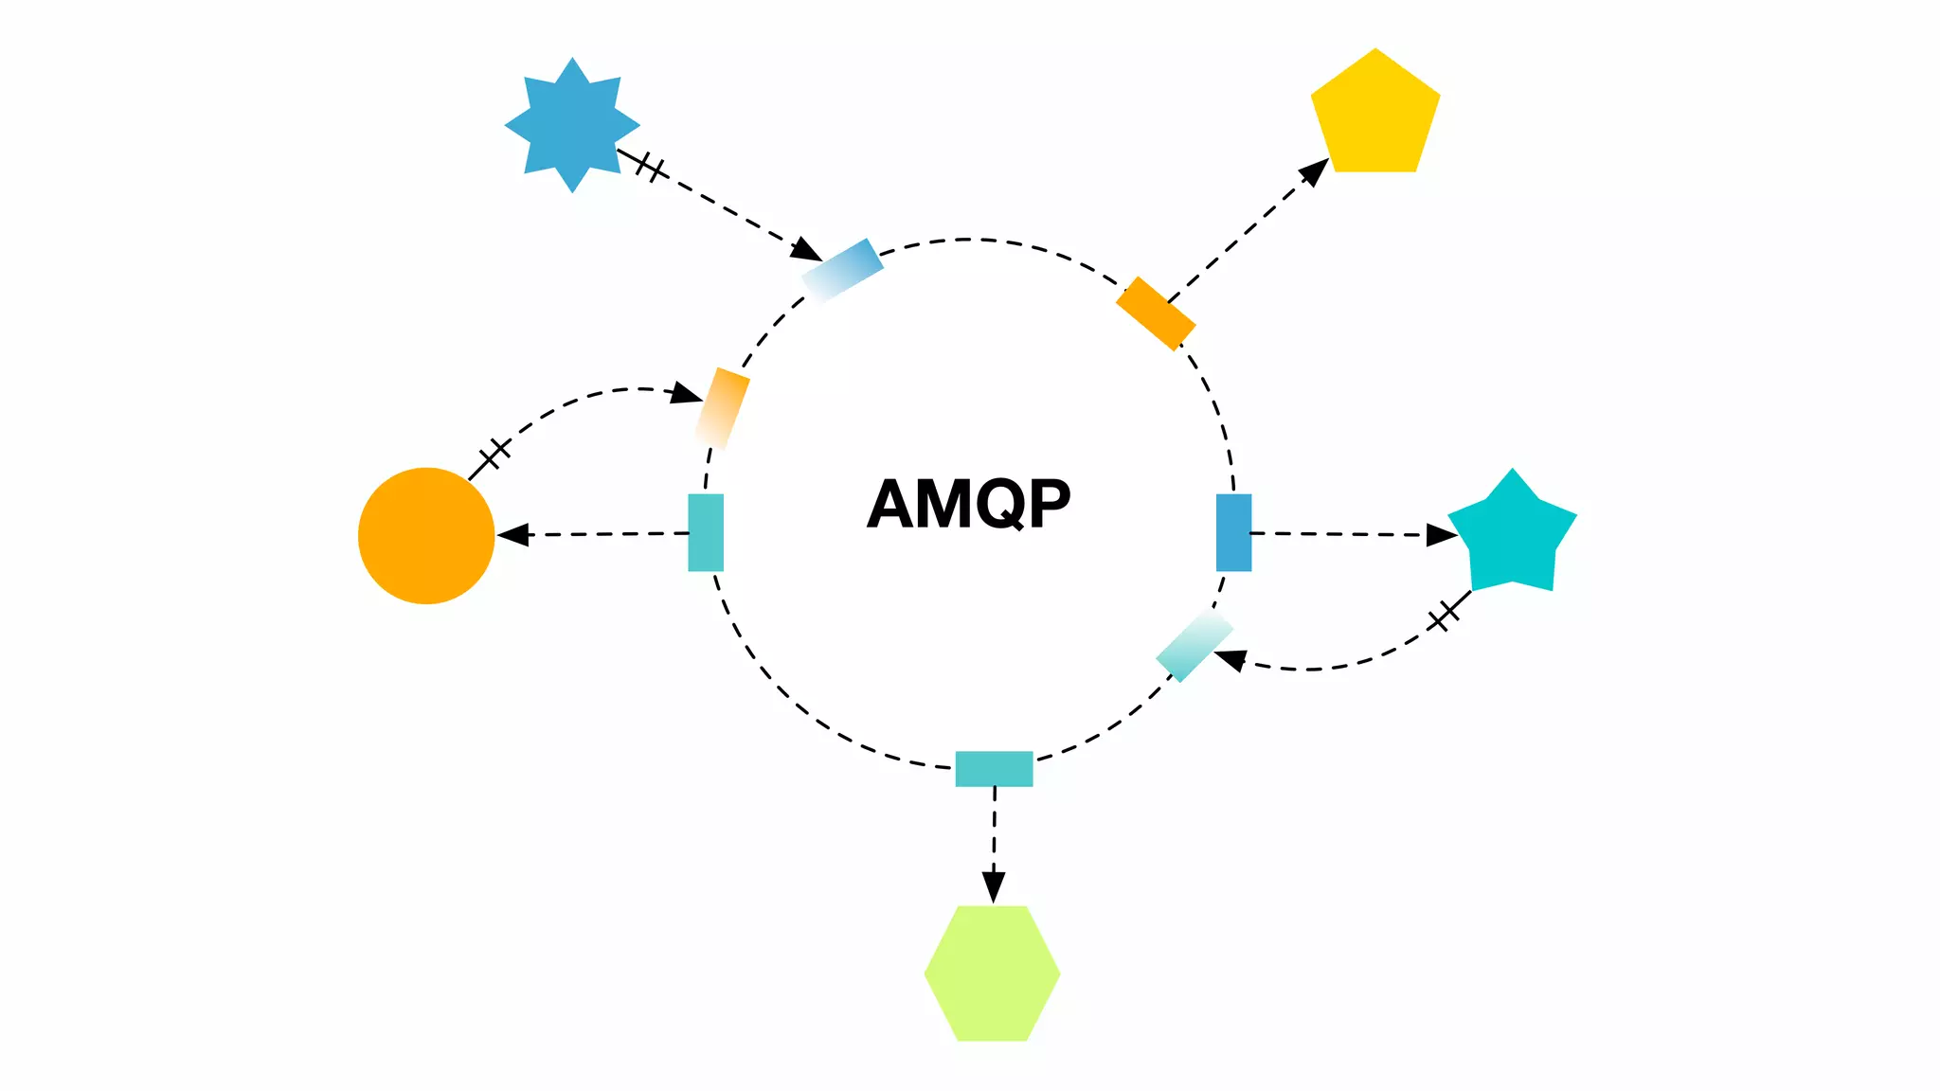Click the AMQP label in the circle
tap(968, 504)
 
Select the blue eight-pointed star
tap(572, 125)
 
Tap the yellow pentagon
tap(1375, 115)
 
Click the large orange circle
tap(426, 536)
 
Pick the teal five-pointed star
tap(1512, 535)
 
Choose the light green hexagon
tap(992, 974)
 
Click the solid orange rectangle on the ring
tap(1156, 313)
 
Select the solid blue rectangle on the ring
tap(1233, 532)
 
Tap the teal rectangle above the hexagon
tap(994, 768)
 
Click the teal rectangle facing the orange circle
tap(706, 532)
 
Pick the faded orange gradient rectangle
tap(722, 408)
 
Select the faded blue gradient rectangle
tap(842, 270)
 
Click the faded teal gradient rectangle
tap(1195, 645)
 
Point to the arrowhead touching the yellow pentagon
tap(1315, 171)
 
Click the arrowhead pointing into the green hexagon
tap(993, 888)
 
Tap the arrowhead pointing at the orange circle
tap(512, 535)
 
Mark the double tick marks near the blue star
tap(650, 168)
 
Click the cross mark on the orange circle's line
tap(494, 455)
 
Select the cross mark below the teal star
tap(1444, 616)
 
